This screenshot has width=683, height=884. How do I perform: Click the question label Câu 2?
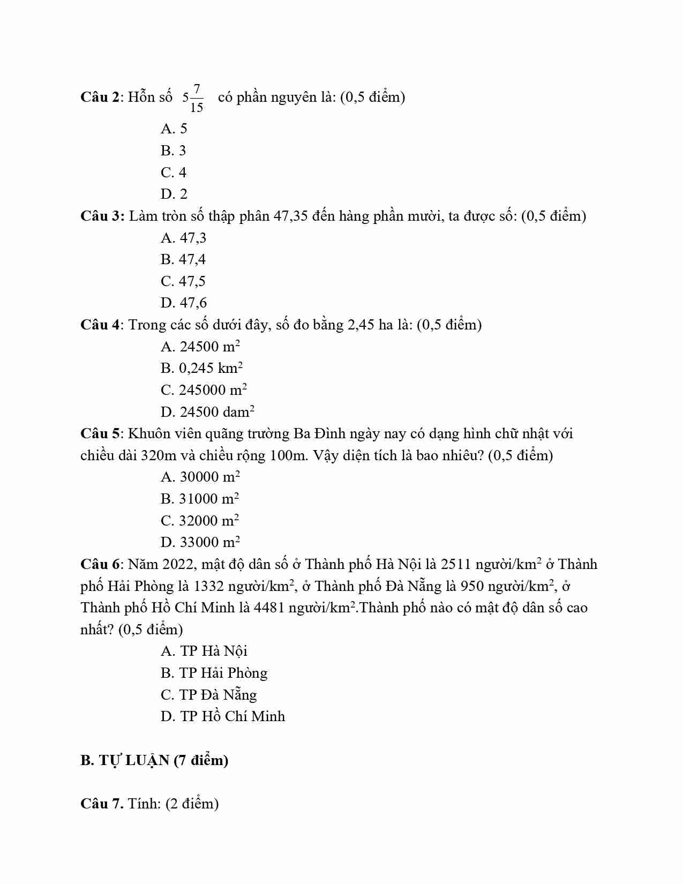[x=101, y=97]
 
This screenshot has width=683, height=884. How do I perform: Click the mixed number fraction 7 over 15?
[x=197, y=98]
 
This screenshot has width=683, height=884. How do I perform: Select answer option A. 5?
[x=174, y=129]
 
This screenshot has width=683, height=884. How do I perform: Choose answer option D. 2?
[x=174, y=194]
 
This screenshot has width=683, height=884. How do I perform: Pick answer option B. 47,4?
[x=183, y=259]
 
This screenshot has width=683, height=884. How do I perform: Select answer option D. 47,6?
[x=184, y=303]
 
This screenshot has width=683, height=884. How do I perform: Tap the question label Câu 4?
[x=101, y=325]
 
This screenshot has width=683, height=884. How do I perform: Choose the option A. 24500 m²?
[x=200, y=346]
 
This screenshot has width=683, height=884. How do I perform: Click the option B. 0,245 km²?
[x=202, y=368]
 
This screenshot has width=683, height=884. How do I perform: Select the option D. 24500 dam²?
[x=207, y=411]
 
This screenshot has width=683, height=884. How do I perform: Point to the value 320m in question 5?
[x=159, y=455]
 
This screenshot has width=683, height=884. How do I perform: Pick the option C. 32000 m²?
[x=200, y=520]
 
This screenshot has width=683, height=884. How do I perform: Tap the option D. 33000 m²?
[x=200, y=542]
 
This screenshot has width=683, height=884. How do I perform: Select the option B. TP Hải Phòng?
[x=214, y=673]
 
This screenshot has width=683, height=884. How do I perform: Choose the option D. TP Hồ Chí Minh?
[x=223, y=716]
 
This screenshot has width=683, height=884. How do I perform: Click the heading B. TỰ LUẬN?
[x=154, y=760]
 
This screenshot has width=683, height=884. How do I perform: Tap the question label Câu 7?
[x=102, y=804]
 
